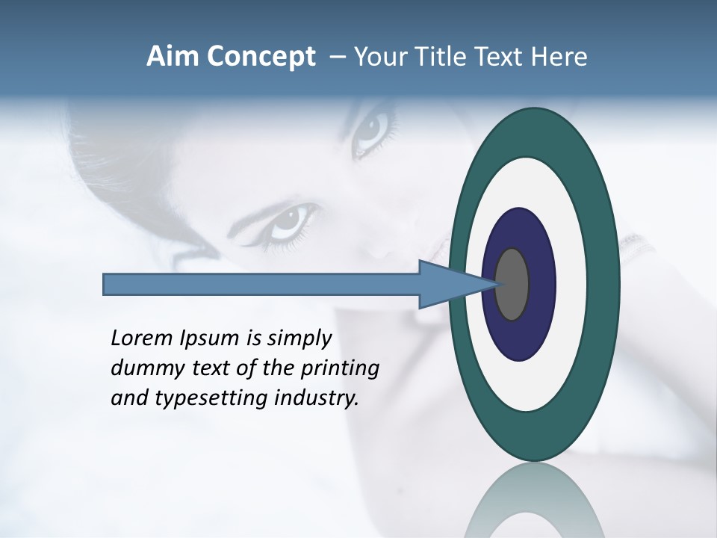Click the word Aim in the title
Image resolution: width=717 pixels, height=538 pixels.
click(173, 56)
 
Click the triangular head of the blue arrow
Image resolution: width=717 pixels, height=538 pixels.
click(448, 285)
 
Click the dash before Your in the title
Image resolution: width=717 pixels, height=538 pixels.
click(337, 57)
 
